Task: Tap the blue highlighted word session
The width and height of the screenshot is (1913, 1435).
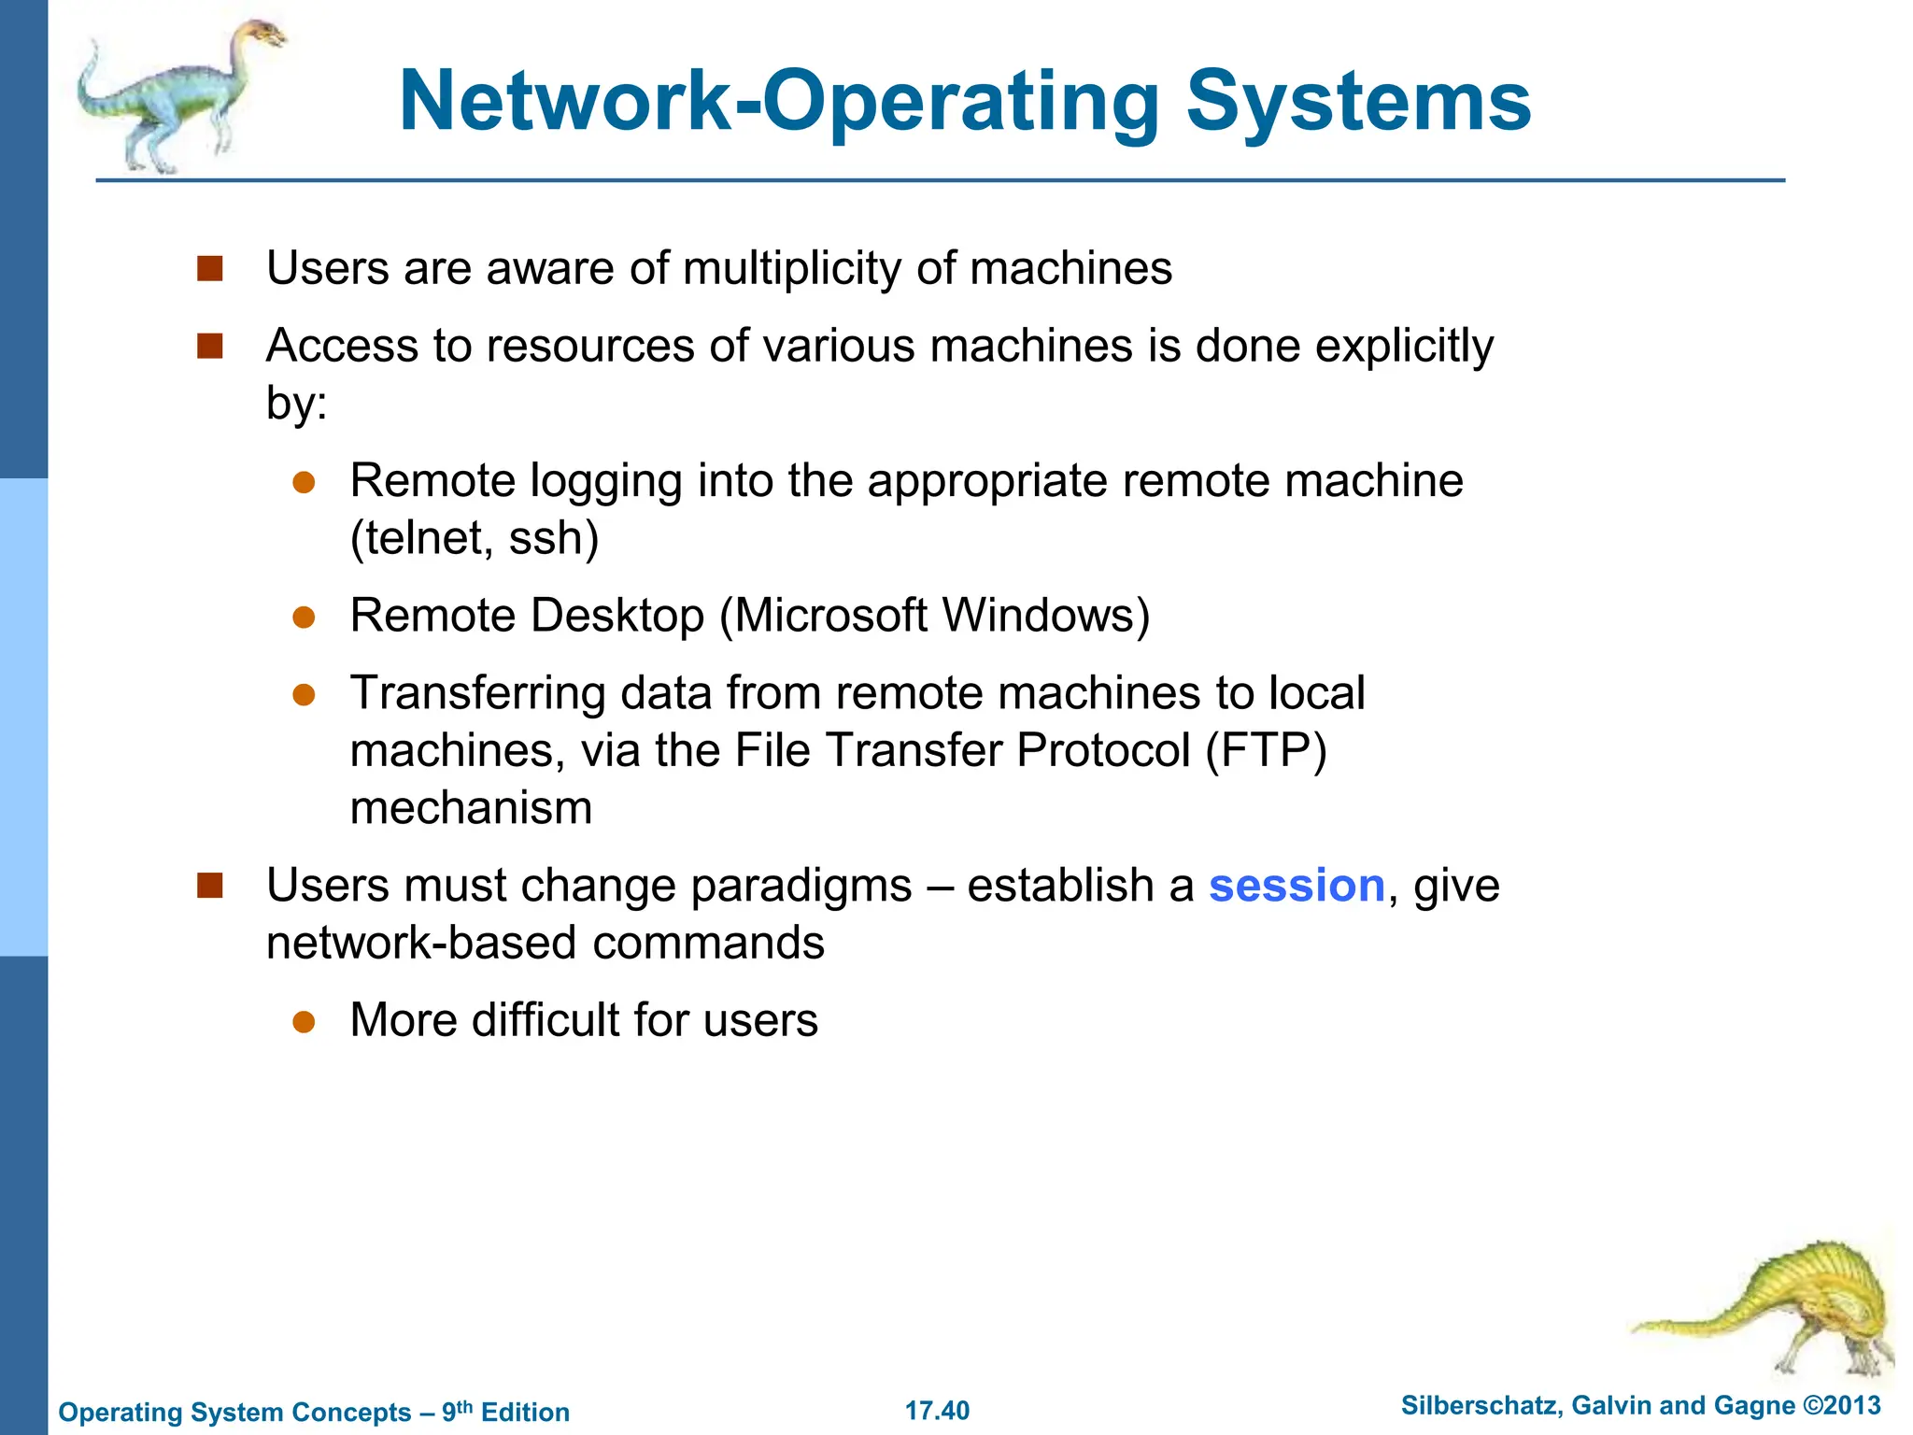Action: pyautogui.click(x=1297, y=885)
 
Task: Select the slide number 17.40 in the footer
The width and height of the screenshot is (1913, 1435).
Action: pyautogui.click(x=937, y=1410)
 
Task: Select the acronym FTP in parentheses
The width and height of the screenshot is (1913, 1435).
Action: pyautogui.click(x=1266, y=750)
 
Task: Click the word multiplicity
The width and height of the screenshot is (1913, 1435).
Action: pyautogui.click(x=792, y=269)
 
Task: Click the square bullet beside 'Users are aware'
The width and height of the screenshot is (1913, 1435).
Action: pyautogui.click(x=210, y=269)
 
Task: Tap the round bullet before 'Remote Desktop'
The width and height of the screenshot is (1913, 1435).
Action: pyautogui.click(x=304, y=617)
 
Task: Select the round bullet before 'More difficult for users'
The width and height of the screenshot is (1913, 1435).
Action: pyautogui.click(x=304, y=1021)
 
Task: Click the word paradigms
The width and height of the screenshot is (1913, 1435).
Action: pyautogui.click(x=801, y=886)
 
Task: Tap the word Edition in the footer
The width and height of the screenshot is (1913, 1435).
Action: pyautogui.click(x=525, y=1412)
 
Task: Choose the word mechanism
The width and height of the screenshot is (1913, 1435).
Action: pyautogui.click(x=471, y=808)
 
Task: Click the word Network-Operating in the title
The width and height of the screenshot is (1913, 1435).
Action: pyautogui.click(x=779, y=103)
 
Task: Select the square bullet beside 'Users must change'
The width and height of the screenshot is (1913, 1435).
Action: pyautogui.click(x=210, y=886)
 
